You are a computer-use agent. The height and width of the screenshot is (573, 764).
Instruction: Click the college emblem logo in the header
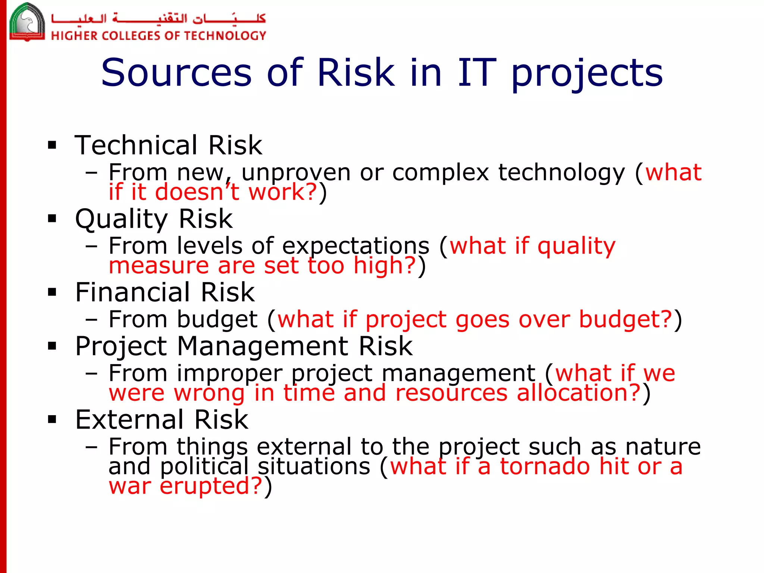26,22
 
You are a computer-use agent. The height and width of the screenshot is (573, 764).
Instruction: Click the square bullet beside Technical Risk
52,145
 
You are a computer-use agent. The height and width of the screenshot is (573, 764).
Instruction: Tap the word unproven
296,173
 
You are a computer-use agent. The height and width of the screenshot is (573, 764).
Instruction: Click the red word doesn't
197,192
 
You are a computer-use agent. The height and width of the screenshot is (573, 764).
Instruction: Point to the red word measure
159,266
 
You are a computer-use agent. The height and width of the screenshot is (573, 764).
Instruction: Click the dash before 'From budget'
91,320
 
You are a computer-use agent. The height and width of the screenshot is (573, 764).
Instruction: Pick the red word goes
482,320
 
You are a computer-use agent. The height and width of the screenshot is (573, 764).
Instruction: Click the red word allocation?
579,393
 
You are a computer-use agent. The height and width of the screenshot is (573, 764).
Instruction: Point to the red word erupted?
211,486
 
